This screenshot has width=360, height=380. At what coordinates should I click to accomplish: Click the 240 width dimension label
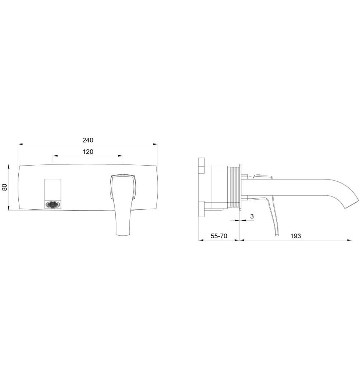pyautogui.click(x=88, y=140)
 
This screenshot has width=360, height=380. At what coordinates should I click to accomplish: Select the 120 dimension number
pyautogui.click(x=88, y=152)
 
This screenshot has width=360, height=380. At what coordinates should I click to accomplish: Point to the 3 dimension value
pyautogui.click(x=252, y=216)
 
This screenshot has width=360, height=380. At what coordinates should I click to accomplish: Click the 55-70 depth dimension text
pyautogui.click(x=219, y=236)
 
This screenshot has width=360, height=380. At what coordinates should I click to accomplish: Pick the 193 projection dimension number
pyautogui.click(x=295, y=236)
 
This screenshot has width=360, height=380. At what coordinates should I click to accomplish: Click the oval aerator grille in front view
pyautogui.click(x=53, y=205)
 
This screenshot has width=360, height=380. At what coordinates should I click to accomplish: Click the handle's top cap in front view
pyautogui.click(x=123, y=176)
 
